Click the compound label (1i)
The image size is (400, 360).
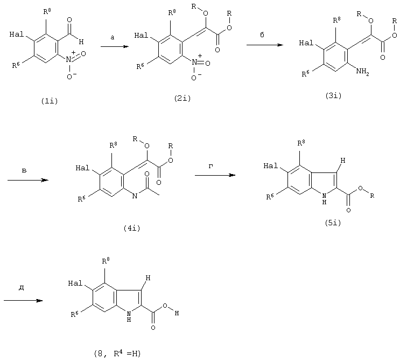[50, 101]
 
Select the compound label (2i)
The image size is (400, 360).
[183, 98]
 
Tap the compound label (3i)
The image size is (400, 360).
[333, 96]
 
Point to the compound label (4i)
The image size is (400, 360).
[132, 229]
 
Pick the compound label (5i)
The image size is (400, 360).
[333, 223]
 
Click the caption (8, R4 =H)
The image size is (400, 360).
[117, 354]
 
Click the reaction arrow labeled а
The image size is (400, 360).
[115, 46]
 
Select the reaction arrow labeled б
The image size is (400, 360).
[265, 45]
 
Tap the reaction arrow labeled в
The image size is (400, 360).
[28, 180]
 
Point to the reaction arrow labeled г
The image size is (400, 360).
[215, 175]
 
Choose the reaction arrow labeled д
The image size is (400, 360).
[23, 301]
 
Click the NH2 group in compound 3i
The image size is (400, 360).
[362, 72]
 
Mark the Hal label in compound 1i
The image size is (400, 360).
[17, 34]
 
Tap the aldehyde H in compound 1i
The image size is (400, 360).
[81, 41]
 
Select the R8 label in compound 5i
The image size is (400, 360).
[301, 143]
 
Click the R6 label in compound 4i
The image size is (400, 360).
[82, 199]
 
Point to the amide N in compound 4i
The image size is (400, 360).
[135, 196]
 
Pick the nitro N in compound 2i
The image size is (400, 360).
[194, 62]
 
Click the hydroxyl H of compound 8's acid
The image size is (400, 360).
[177, 313]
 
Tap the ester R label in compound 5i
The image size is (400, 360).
[372, 196]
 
